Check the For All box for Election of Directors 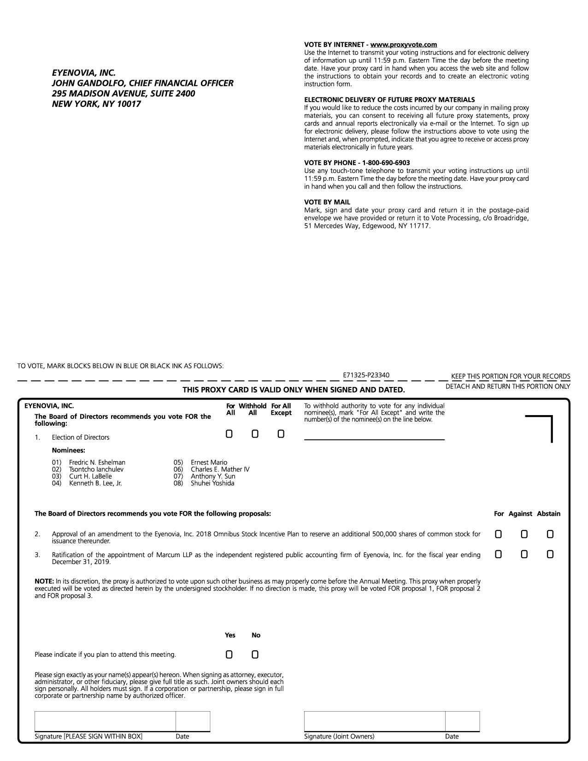tap(229, 434)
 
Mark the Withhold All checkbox tap(255, 434)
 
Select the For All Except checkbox tap(281, 434)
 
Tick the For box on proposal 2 tap(498, 534)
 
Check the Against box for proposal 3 tap(524, 554)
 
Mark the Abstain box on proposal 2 tap(550, 534)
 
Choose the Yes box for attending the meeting tap(229, 654)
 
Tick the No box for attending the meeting tap(255, 654)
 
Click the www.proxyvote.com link tap(404, 45)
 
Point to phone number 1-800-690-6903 tap(386, 163)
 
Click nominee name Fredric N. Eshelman tap(97, 463)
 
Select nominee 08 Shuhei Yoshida tap(212, 483)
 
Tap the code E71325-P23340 tap(366, 375)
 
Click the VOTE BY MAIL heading tap(327, 202)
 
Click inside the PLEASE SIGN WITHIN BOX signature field tap(105, 721)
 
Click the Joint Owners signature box tap(375, 721)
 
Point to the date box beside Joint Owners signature tap(462, 721)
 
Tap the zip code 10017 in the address tap(129, 104)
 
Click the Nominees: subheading tap(69, 450)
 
